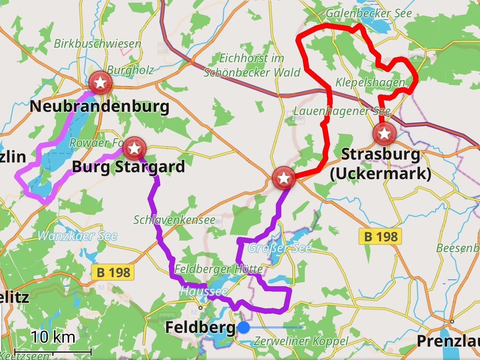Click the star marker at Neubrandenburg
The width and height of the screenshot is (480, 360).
[x=100, y=83]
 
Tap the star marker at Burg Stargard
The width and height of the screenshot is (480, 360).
[x=134, y=148]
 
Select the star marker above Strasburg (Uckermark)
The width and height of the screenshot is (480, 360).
[x=384, y=134]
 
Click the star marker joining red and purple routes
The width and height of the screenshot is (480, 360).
[x=284, y=178]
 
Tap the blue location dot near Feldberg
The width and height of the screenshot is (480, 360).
[x=244, y=328]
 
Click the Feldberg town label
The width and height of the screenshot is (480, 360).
[x=200, y=327]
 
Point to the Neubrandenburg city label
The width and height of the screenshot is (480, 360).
[x=100, y=106]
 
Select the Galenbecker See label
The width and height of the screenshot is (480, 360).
[x=369, y=14]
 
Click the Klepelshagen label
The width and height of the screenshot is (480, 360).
[x=370, y=82]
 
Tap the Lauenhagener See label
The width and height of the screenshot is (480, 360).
[x=342, y=111]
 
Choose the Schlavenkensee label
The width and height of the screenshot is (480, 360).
[x=174, y=220]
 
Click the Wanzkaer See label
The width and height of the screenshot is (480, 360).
[x=77, y=236]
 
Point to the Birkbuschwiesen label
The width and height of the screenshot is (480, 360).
[x=97, y=44]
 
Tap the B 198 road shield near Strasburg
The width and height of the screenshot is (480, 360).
[x=380, y=237]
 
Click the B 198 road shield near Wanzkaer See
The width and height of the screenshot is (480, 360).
[x=113, y=272]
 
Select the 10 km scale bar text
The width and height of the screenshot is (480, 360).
[x=53, y=337]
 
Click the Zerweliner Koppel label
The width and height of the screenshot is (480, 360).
[x=301, y=341]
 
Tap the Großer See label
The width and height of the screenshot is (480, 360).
[x=279, y=248]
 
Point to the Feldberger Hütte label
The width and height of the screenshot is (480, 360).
[x=219, y=269]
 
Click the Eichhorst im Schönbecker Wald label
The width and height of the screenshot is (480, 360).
[x=252, y=65]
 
